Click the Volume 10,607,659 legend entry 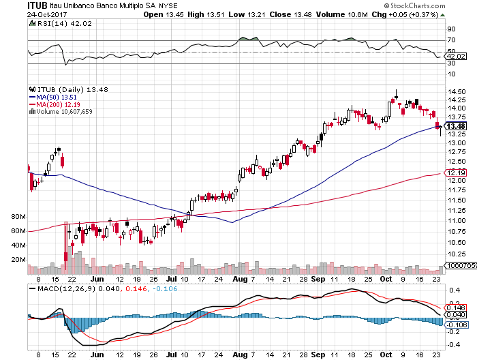[62, 111]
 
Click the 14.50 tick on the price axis [456, 92]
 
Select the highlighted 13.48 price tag [455, 126]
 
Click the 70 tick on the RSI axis [451, 41]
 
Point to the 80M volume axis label [18, 216]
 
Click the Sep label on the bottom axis [318, 279]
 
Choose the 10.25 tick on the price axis [456, 252]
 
